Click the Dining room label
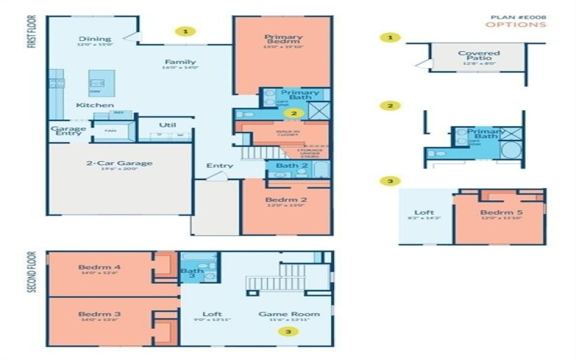point(95,39)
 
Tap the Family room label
point(180,62)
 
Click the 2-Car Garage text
point(120,163)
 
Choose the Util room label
point(167,125)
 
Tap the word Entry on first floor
point(220,166)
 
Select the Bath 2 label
point(291,166)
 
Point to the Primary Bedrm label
point(283,40)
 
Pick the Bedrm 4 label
point(99,268)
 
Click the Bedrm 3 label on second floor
point(99,315)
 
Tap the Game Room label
point(289,314)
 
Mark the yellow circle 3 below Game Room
point(289,332)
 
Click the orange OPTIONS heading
point(515,24)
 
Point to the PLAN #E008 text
point(518,16)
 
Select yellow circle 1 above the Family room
point(186,32)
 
